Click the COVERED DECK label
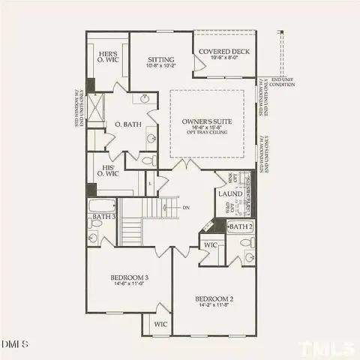(224, 51)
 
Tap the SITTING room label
(160, 59)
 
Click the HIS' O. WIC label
(105, 171)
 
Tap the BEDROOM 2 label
(212, 298)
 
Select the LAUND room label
(230, 193)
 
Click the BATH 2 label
(240, 226)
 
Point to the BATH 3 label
(102, 217)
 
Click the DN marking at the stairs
(185, 208)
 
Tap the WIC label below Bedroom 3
(160, 324)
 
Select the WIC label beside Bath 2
(211, 244)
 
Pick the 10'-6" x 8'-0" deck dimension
(224, 57)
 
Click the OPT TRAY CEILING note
(206, 133)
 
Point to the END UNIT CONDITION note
(283, 82)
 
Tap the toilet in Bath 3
(93, 238)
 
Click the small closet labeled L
(151, 182)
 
